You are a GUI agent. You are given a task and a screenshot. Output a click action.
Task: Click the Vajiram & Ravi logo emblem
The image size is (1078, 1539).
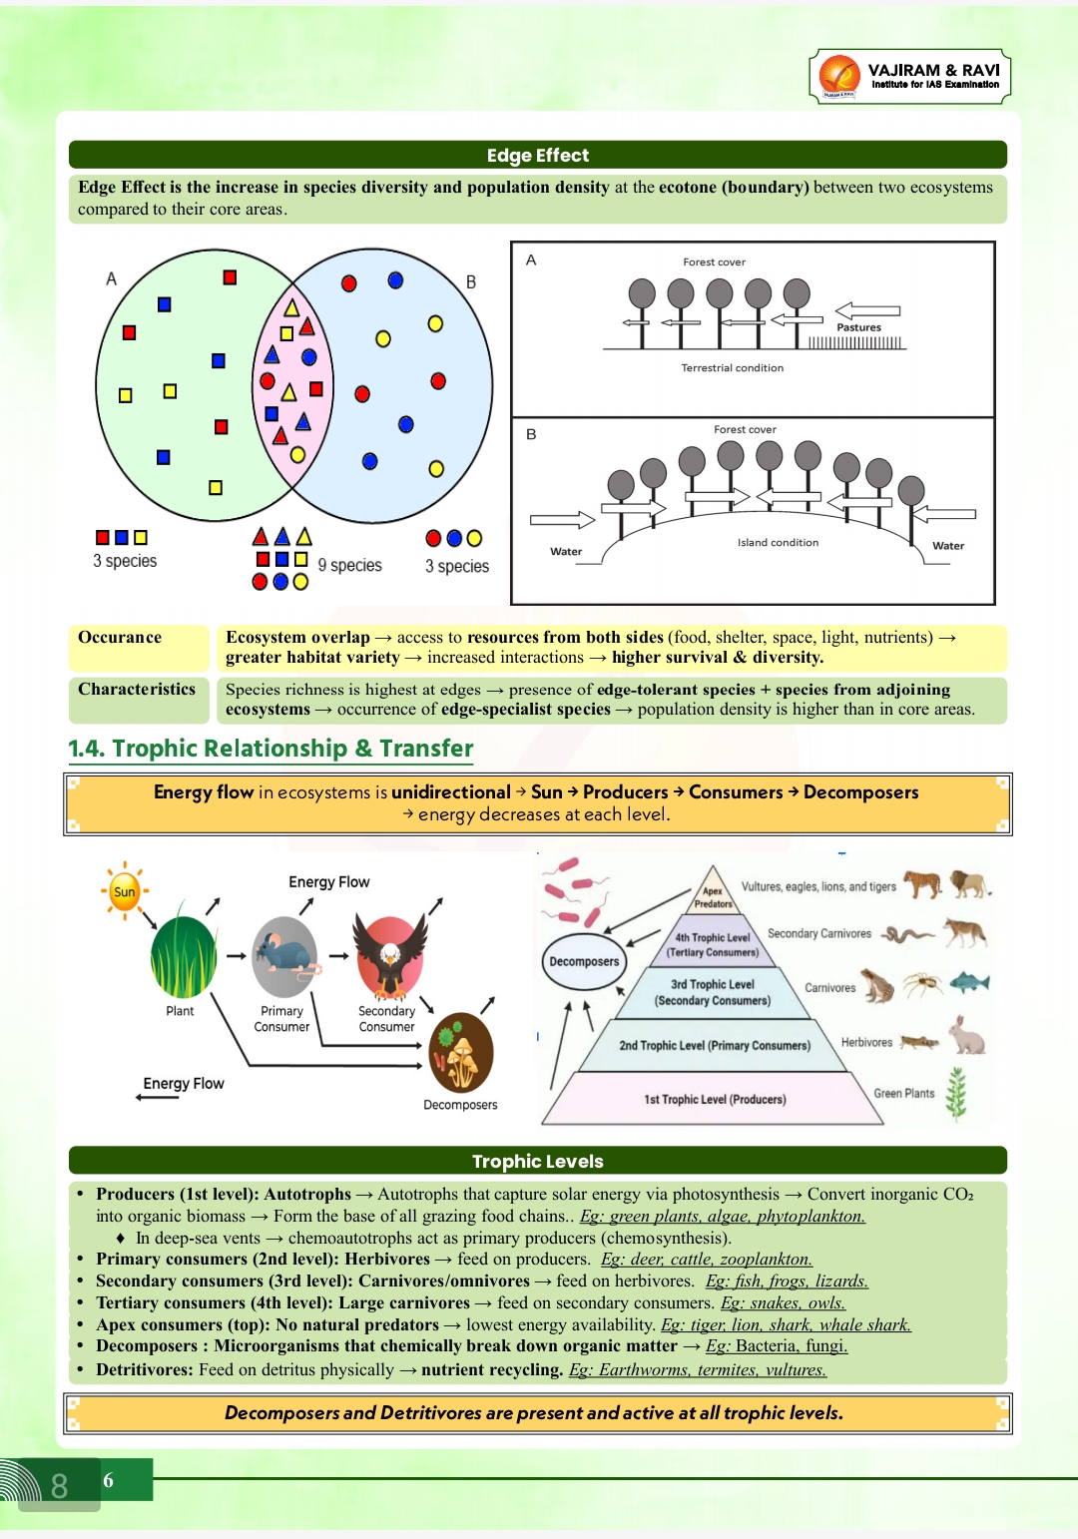(838, 76)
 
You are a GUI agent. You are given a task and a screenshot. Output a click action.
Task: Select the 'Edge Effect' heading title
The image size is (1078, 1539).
(537, 156)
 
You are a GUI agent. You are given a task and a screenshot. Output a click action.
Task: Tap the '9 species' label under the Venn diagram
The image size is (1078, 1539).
(349, 565)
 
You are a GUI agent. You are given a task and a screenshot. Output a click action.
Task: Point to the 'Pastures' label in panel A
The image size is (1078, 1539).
(858, 327)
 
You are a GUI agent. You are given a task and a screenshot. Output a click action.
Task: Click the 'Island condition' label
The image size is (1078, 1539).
(778, 543)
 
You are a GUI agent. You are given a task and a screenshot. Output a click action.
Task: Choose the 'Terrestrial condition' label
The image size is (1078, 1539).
(732, 368)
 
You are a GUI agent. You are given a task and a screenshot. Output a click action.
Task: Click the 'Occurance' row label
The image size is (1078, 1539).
(120, 638)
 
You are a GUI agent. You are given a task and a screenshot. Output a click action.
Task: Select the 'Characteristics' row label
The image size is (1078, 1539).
(137, 690)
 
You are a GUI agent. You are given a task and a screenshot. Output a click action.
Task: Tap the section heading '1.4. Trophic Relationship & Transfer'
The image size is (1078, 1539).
(270, 749)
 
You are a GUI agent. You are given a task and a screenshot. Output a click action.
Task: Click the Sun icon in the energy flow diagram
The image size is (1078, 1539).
(125, 891)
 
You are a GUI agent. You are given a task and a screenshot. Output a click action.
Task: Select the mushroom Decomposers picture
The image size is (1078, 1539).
(460, 1053)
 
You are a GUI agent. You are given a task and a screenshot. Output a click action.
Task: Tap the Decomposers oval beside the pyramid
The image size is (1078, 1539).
(584, 961)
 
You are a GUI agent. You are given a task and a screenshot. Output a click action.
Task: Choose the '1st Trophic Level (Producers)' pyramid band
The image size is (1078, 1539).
(715, 1100)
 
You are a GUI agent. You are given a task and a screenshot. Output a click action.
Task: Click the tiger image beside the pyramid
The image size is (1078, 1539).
(922, 883)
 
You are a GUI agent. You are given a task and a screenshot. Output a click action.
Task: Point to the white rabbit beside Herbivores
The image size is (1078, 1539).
(967, 1035)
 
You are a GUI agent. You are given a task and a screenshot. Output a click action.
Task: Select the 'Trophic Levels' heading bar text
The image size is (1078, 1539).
(537, 1162)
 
